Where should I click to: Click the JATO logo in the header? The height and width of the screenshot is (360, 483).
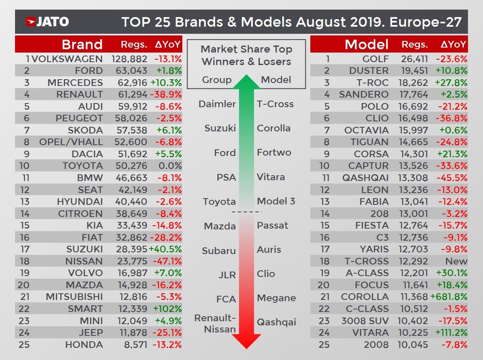[x=47, y=22]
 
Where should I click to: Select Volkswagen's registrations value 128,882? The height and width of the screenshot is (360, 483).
[x=129, y=58]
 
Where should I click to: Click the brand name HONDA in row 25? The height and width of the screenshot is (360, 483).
[x=84, y=345]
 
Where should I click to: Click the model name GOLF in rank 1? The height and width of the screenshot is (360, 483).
[x=375, y=58]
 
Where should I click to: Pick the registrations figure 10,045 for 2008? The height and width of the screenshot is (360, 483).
[x=414, y=345]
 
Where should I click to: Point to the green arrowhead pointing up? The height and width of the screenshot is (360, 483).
[x=247, y=81]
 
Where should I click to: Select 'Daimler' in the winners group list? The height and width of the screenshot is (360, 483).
[x=217, y=104]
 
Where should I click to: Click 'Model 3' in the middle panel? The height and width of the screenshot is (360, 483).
[x=276, y=201]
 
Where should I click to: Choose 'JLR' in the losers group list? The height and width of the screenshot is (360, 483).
[x=227, y=275]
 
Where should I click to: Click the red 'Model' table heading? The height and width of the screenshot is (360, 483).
[x=366, y=44]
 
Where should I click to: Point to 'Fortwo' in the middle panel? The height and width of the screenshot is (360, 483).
[x=274, y=152]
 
